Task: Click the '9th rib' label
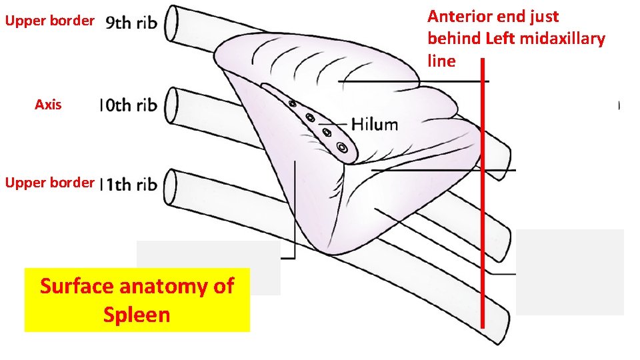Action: coord(132,23)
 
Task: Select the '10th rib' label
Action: coord(128,105)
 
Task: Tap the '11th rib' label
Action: coord(129,185)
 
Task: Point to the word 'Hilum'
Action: coord(374,124)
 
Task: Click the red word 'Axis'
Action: coord(48,105)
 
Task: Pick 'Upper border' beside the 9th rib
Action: coord(49,21)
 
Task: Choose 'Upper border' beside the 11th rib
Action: coord(49,182)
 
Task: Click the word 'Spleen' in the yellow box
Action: coord(137,314)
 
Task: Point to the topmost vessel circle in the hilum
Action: coord(293,103)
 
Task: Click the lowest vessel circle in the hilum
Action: coord(342,147)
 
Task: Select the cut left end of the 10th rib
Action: coord(171,105)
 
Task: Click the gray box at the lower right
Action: coord(570,271)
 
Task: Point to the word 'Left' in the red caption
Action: coord(500,39)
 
